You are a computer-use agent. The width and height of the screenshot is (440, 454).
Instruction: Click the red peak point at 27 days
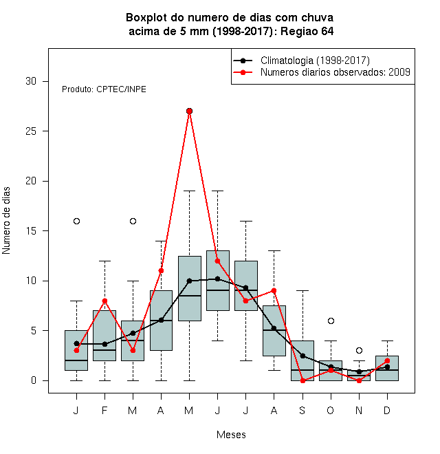coord(189,111)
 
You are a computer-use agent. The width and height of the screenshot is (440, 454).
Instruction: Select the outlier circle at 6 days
coord(331,321)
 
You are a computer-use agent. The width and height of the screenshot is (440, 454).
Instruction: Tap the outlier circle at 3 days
coord(359,351)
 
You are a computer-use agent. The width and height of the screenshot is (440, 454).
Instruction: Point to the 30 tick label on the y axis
coord(31,81)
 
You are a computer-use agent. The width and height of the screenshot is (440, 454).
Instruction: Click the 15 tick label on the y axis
coord(31,231)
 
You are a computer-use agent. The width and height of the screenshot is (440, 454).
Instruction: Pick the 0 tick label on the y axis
coord(34,380)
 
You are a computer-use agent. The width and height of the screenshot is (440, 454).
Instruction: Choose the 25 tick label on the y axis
coord(31,131)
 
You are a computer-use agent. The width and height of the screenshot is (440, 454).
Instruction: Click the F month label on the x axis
coord(104,410)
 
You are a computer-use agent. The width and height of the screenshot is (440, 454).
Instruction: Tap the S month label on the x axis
coord(302,410)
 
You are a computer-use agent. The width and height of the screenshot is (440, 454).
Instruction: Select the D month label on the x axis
coord(387,410)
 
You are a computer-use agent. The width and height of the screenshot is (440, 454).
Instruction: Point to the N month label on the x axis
coord(359,410)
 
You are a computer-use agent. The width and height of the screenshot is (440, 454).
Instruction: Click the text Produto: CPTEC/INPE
coord(104,89)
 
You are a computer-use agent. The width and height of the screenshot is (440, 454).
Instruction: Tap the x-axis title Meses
coord(231,435)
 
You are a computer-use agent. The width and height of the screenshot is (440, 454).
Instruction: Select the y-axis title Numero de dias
coord(6,221)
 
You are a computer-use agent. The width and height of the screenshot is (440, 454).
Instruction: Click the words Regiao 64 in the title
coord(307,31)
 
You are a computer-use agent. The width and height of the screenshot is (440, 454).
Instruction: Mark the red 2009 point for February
coord(104,301)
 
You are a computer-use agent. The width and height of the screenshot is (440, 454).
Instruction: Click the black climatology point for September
coord(302,356)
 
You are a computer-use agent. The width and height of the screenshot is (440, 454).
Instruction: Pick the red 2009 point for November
coord(359,381)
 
